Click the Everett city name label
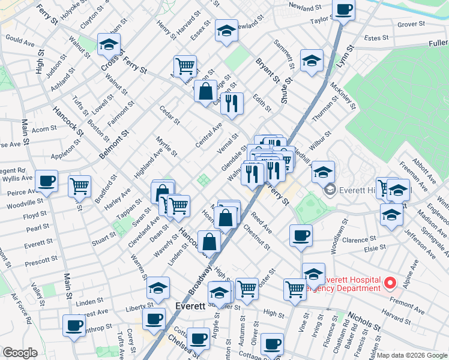coord(190,305)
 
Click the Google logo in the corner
coord(20,353)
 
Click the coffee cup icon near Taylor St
coord(344,10)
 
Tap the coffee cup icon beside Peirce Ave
coord(46,181)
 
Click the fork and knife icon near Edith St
coord(231,103)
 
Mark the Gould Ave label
coord(20,41)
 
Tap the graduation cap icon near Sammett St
coord(312,61)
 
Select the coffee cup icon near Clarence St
coord(301,235)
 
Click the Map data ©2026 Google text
coord(412,355)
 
